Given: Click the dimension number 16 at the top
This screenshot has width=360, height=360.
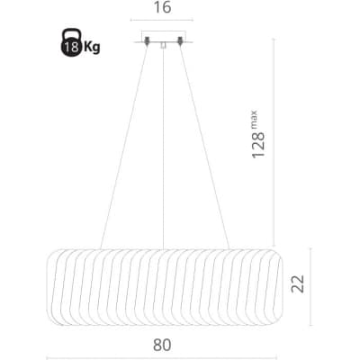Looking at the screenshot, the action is pyautogui.click(x=162, y=7).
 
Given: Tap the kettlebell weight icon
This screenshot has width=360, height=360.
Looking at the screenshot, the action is pyautogui.click(x=71, y=42).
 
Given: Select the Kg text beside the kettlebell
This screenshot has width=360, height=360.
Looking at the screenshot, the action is pyautogui.click(x=92, y=47).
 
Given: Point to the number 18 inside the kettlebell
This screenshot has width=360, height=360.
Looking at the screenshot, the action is pyautogui.click(x=71, y=47).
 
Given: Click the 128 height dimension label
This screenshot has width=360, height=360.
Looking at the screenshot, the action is pyautogui.click(x=258, y=145).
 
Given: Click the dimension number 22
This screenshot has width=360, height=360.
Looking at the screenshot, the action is pyautogui.click(x=298, y=283).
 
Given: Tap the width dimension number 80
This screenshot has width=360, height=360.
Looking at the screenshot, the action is pyautogui.click(x=162, y=345).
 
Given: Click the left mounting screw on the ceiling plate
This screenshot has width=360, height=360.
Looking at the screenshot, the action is pyautogui.click(x=147, y=40).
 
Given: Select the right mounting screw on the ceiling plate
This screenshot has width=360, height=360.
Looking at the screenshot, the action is pyautogui.click(x=180, y=40).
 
